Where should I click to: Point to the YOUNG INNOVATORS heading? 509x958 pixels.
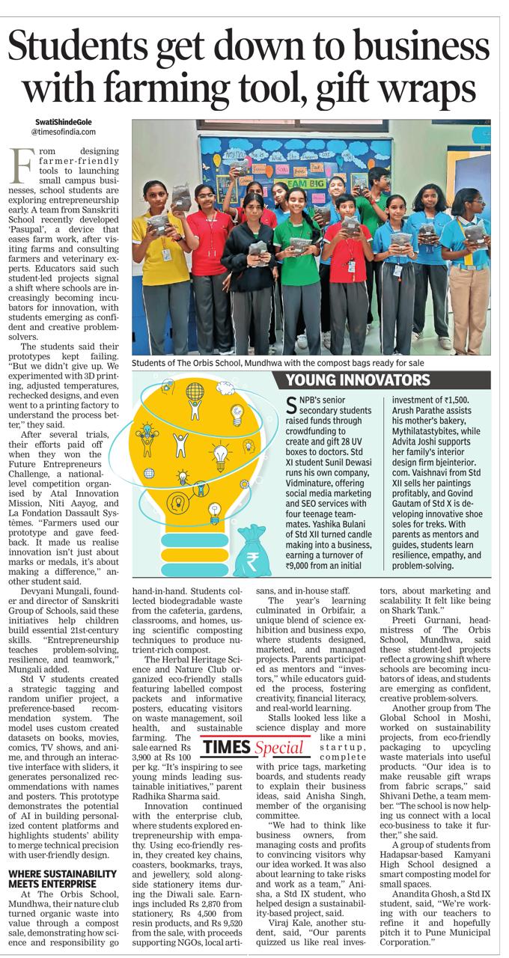(359, 379)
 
